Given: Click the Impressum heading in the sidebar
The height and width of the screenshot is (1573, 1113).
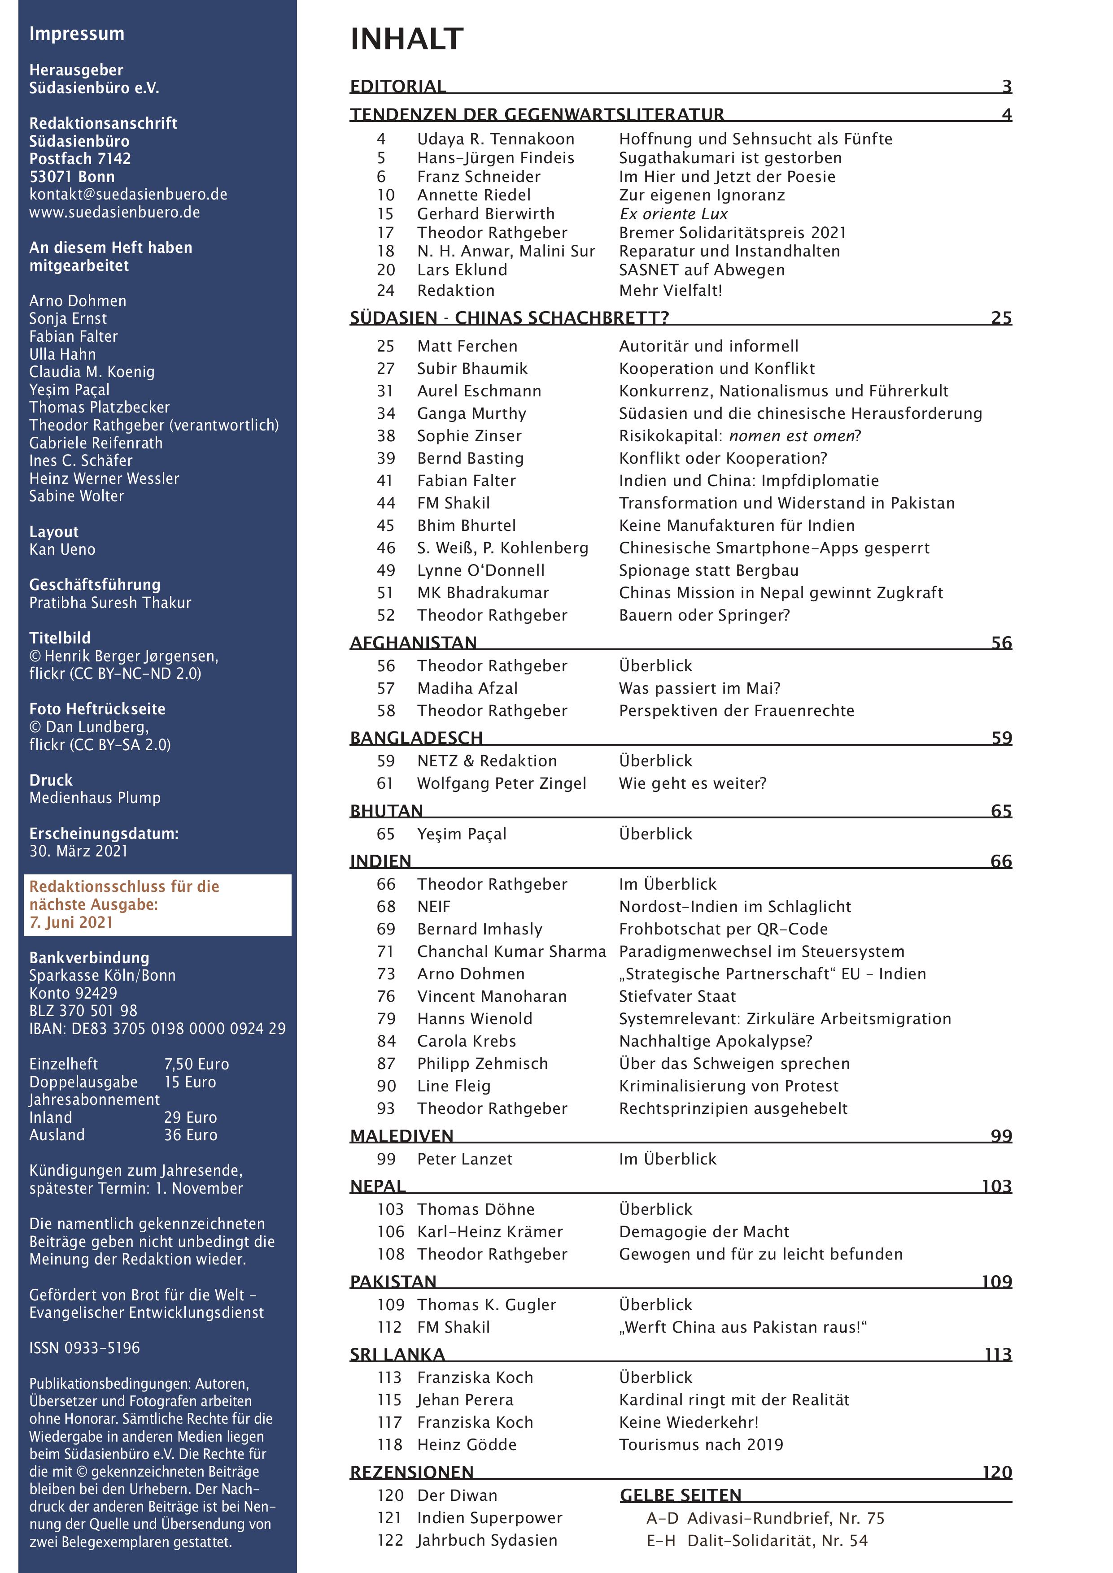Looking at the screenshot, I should (x=77, y=34).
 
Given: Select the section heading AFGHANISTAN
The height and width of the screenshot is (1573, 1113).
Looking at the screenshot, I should (x=413, y=643).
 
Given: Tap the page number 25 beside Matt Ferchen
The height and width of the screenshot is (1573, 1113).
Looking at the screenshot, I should (x=385, y=346).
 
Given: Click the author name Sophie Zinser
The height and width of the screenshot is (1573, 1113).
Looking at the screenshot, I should (x=469, y=436).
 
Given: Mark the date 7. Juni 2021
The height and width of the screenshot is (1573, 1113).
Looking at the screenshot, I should (x=71, y=922).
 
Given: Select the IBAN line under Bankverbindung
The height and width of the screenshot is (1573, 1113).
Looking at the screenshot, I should (x=157, y=1028).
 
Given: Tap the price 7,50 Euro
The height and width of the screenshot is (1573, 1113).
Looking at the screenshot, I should (x=196, y=1064).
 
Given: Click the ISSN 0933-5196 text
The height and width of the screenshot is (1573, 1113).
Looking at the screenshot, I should (x=84, y=1347).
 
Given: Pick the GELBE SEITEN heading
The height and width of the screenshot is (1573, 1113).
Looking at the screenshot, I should (x=681, y=1495).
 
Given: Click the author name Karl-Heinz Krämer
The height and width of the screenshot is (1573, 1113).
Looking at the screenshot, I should (x=490, y=1231).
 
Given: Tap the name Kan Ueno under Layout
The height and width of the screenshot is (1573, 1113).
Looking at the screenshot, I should (x=62, y=549).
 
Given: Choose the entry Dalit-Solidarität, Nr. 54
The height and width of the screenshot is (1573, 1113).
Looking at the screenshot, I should (x=777, y=1540).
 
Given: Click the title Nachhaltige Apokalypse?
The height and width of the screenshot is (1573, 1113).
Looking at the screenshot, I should (x=716, y=1041).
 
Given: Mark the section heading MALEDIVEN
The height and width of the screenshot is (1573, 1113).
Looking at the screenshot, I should (x=402, y=1136).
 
